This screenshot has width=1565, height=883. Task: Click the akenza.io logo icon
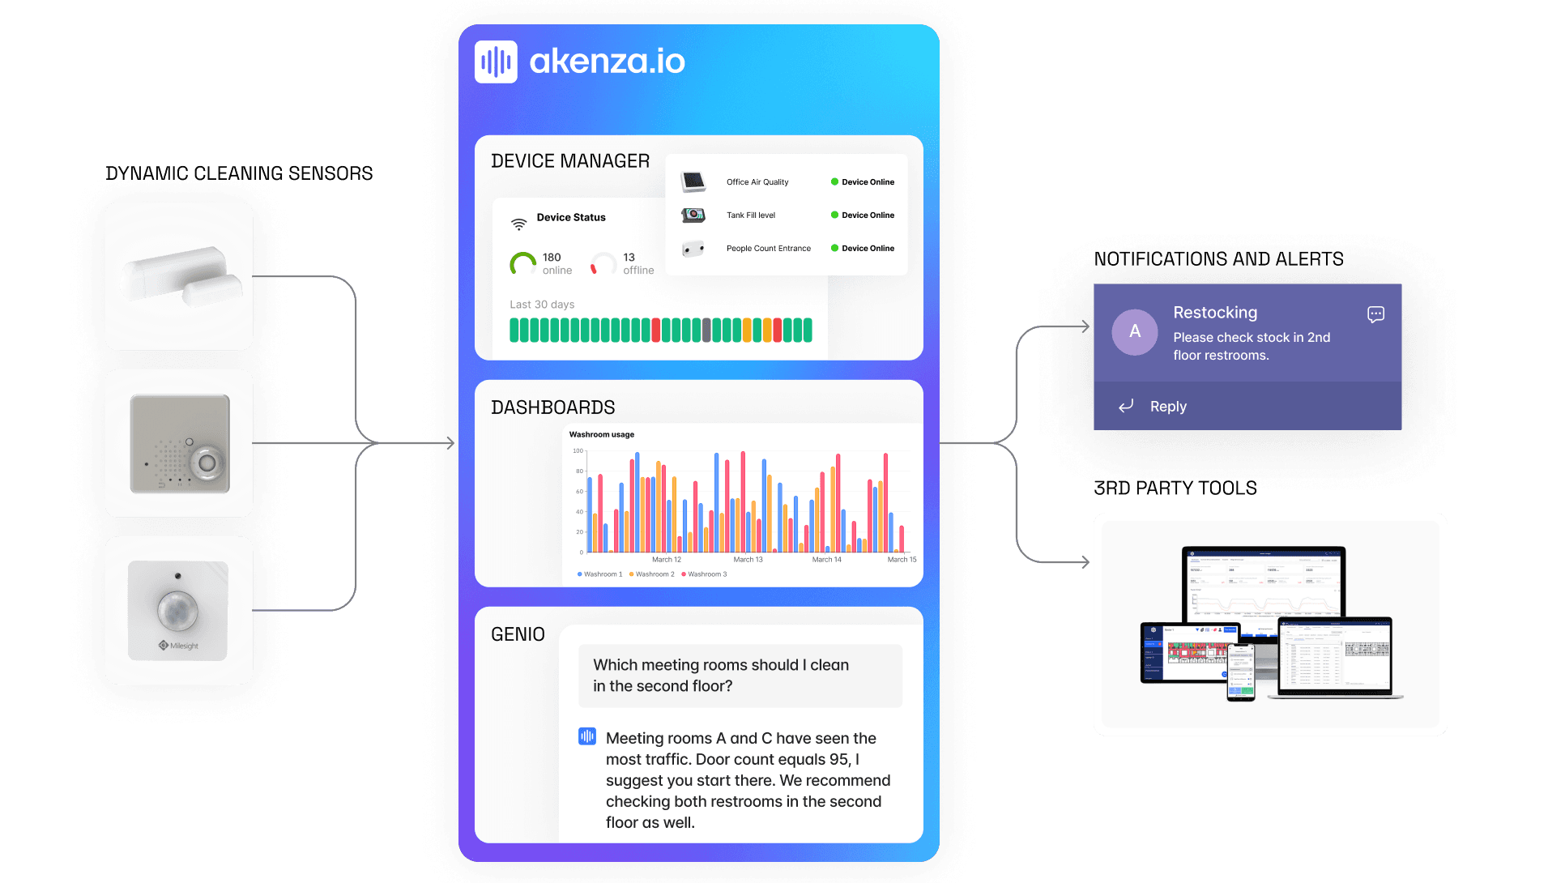(x=496, y=62)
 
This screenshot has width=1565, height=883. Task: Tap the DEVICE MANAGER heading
(x=569, y=161)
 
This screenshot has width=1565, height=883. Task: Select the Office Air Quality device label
(x=757, y=182)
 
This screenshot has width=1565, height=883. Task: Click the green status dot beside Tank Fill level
(x=834, y=215)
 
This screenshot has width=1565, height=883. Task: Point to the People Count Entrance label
(x=768, y=249)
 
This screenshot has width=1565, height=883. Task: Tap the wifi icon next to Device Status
(x=518, y=224)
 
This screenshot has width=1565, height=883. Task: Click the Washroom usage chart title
(x=601, y=435)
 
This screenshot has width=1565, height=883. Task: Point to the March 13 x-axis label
(x=748, y=560)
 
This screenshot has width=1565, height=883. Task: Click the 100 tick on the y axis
(x=578, y=451)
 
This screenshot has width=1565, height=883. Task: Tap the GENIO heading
(x=518, y=634)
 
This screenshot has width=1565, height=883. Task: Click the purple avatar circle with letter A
(x=1134, y=331)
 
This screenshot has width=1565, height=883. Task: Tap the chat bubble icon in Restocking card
(x=1375, y=314)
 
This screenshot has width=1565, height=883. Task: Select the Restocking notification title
(x=1214, y=313)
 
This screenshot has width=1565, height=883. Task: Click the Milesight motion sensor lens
(x=177, y=609)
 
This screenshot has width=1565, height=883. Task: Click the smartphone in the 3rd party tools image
(x=1240, y=672)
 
